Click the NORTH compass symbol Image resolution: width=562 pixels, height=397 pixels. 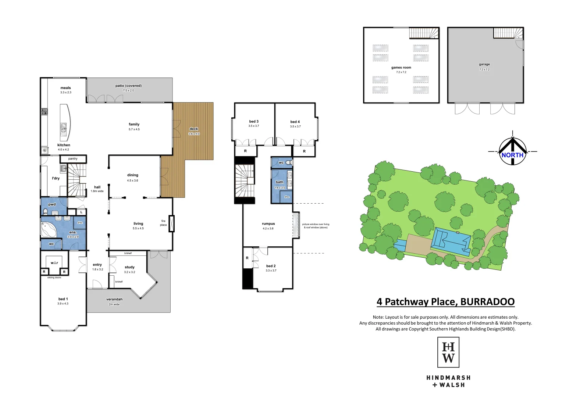[512, 151]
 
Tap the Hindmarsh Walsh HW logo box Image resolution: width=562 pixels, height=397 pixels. [448, 352]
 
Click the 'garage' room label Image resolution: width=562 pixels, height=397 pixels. [484, 64]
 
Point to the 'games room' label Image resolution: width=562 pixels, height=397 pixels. [401, 68]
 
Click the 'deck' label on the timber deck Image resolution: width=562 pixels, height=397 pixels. [194, 129]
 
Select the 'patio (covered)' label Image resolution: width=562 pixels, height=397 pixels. [128, 86]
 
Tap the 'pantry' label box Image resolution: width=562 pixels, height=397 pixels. [73, 159]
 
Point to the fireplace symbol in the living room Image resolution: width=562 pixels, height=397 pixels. [171, 223]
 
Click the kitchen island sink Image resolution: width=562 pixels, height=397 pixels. [64, 128]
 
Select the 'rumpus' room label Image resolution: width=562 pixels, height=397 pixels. [268, 223]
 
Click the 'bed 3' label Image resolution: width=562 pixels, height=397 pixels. [253, 121]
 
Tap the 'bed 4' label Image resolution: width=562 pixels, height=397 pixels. [295, 122]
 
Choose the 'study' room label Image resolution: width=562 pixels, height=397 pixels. [129, 267]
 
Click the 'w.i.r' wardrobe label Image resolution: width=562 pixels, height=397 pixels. [54, 263]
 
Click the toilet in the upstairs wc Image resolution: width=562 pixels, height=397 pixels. [289, 162]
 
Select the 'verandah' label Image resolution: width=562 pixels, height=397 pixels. [114, 299]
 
